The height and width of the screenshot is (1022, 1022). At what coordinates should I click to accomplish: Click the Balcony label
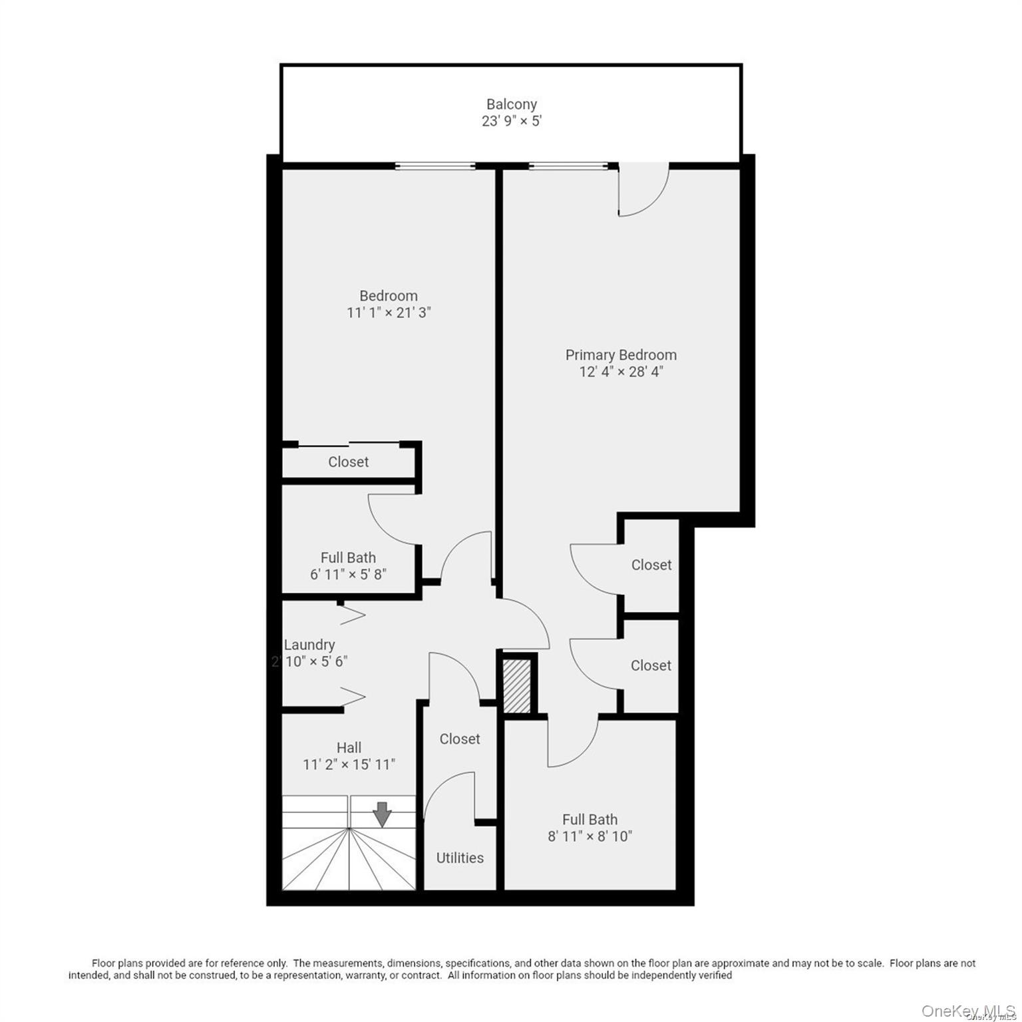click(511, 104)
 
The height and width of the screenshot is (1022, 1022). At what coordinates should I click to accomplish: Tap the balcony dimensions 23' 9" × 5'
click(511, 121)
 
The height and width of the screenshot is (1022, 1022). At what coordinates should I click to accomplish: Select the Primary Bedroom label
click(621, 355)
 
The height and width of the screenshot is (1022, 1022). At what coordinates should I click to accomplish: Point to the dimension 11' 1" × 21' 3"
click(389, 313)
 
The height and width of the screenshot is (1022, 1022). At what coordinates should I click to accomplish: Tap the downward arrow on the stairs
click(382, 814)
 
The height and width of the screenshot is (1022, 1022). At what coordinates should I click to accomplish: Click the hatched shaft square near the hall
click(517, 685)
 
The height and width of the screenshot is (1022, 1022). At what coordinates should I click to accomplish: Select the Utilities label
click(460, 858)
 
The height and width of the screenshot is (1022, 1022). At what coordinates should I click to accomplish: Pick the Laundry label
click(309, 645)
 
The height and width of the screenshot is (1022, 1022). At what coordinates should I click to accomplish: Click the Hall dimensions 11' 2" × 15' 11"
click(349, 765)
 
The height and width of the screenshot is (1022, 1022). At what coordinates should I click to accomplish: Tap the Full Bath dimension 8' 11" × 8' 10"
click(590, 836)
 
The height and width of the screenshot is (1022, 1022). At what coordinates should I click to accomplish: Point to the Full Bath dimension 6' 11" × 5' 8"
click(348, 574)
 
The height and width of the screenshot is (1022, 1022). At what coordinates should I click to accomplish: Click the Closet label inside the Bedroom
click(348, 462)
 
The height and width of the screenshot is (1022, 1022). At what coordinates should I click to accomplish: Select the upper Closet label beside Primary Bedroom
click(651, 565)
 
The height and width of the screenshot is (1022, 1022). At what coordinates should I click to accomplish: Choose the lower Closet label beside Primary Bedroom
click(651, 665)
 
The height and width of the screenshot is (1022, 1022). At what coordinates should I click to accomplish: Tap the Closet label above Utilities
click(460, 739)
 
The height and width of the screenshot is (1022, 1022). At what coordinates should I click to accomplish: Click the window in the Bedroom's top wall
click(434, 166)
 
